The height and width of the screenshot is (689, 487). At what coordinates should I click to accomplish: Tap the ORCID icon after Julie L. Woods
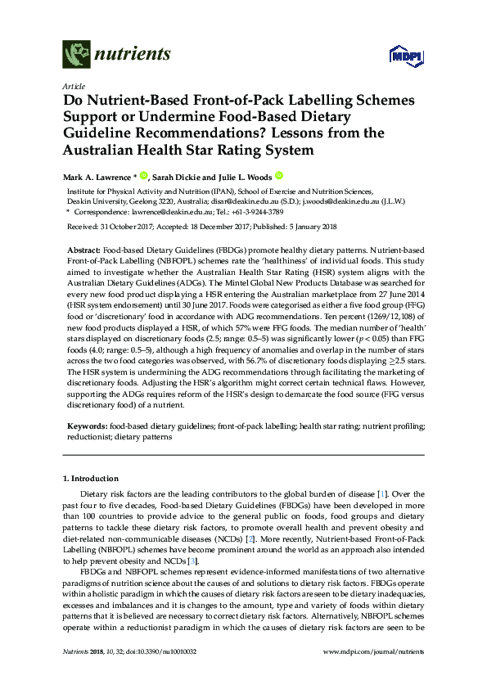(278, 174)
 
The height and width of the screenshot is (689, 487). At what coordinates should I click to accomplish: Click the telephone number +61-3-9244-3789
(237, 210)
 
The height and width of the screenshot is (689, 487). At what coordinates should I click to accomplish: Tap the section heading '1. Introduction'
(89, 477)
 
